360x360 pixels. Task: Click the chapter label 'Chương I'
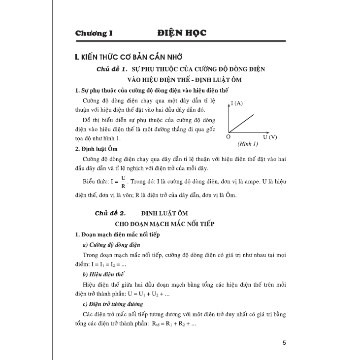tap(95, 33)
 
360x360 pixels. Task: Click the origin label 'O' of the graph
tap(228, 137)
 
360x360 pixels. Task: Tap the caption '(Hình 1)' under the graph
tap(247, 144)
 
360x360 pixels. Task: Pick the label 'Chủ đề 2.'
tap(110, 213)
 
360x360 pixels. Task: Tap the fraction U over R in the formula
tap(124, 182)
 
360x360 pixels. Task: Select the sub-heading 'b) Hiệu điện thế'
tap(103, 274)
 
